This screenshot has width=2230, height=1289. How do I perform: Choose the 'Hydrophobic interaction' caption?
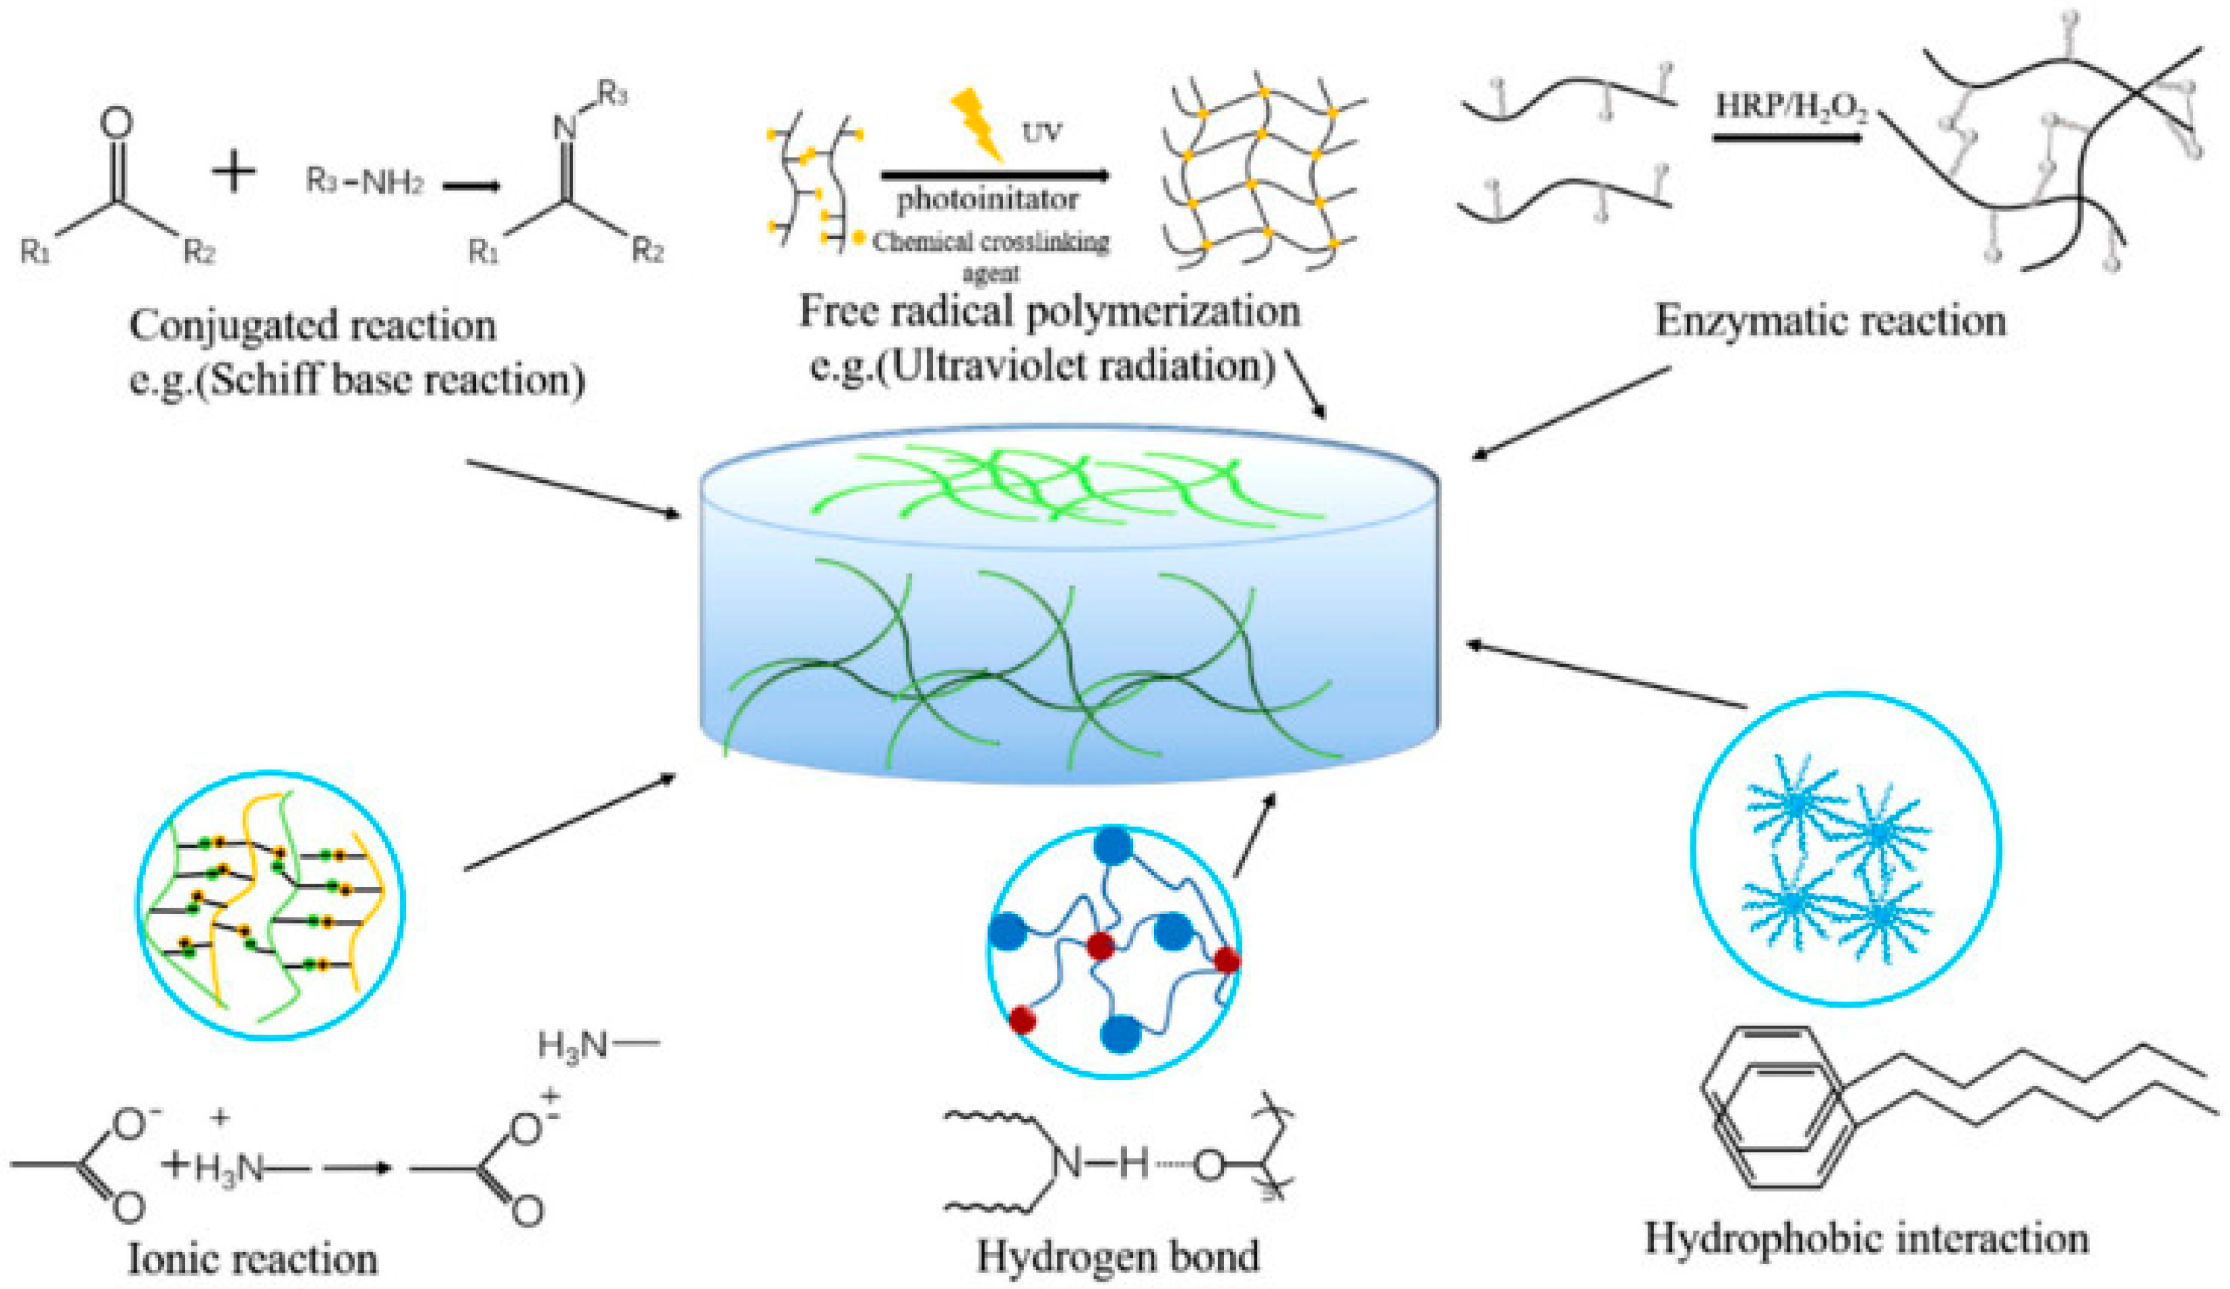(x=1866, y=1238)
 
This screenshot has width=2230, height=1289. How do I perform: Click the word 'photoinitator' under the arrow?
(x=988, y=200)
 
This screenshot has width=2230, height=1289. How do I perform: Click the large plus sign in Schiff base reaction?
(x=234, y=170)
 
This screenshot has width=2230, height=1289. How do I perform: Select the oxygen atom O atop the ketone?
(x=117, y=124)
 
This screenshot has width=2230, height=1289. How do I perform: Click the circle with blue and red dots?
(x=1113, y=952)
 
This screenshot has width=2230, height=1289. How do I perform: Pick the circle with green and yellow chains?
(x=270, y=904)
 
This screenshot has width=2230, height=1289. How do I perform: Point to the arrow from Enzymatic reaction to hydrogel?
(x=1571, y=413)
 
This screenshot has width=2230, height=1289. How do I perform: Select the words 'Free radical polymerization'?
(x=1049, y=311)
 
